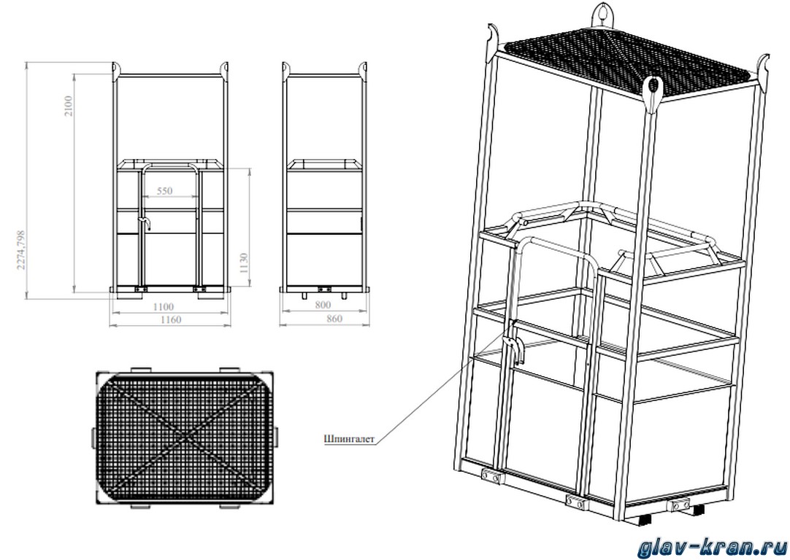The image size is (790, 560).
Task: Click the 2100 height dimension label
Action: pos(69,106)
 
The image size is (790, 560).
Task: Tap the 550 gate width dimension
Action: pos(164,191)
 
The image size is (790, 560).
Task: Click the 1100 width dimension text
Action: pos(163,306)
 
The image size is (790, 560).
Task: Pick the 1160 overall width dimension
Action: pos(170,319)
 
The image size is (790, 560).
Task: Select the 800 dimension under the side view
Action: pos(323,305)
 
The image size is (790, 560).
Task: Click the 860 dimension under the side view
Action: pos(334,319)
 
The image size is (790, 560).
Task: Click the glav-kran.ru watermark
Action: pos(712,548)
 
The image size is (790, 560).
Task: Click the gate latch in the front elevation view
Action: pos(146,223)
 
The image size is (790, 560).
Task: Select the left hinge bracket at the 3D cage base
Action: pos(490,476)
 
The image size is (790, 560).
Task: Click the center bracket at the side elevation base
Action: pos(324,289)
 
